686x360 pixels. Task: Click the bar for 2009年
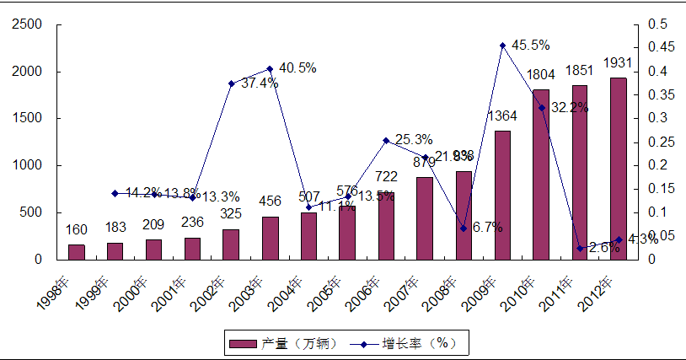click(x=502, y=195)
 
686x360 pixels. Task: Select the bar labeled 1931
click(x=618, y=169)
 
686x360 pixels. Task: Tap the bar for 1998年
click(x=77, y=251)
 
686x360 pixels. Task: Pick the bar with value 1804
click(x=541, y=175)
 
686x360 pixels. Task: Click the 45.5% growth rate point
click(x=502, y=46)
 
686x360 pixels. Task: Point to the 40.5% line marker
click(x=270, y=68)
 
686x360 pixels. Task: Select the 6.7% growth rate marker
click(x=464, y=228)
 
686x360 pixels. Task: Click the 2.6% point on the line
click(x=580, y=248)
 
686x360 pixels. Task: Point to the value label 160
click(x=77, y=230)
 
